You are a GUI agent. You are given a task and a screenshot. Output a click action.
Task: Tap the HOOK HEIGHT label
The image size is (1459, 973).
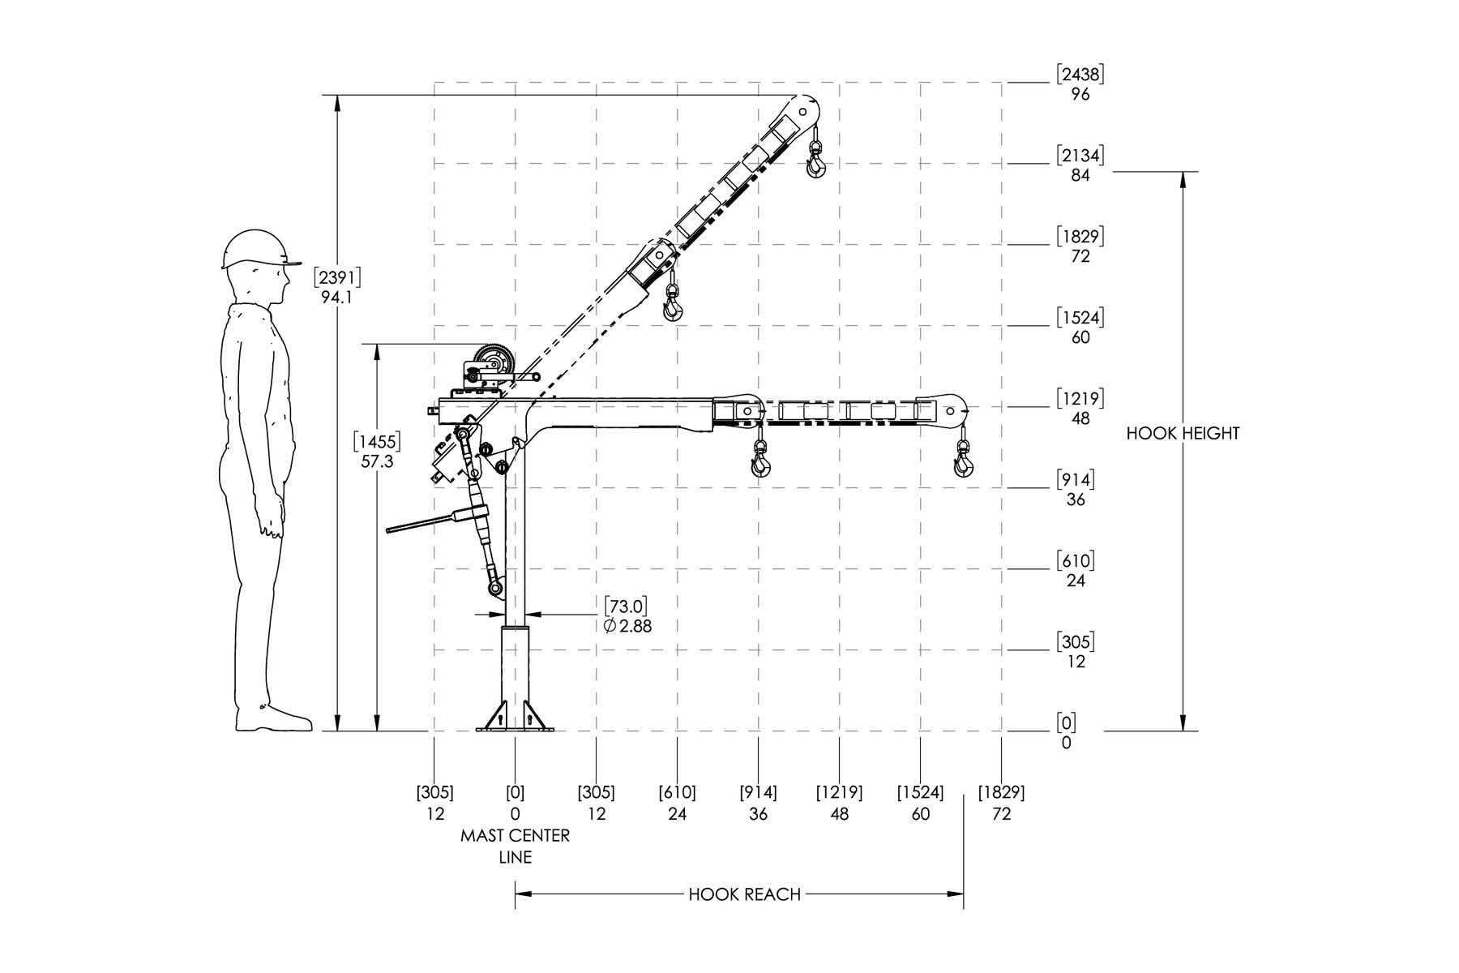pyautogui.click(x=1183, y=434)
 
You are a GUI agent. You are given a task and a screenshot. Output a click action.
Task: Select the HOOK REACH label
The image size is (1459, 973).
pyautogui.click(x=744, y=894)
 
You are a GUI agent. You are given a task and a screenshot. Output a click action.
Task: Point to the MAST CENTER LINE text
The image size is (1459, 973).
pyautogui.click(x=516, y=846)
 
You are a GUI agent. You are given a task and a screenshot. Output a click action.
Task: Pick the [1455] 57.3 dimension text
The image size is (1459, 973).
pyautogui.click(x=377, y=452)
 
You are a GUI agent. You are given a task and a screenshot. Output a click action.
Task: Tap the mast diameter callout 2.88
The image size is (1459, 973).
pyautogui.click(x=628, y=626)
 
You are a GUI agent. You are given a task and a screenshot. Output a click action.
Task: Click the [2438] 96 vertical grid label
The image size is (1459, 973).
pyautogui.click(x=1080, y=84)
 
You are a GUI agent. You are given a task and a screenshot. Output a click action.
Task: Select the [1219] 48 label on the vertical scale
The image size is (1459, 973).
pyautogui.click(x=1080, y=409)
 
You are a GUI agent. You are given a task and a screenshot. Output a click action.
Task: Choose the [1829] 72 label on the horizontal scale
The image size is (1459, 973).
pyautogui.click(x=1002, y=803)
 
